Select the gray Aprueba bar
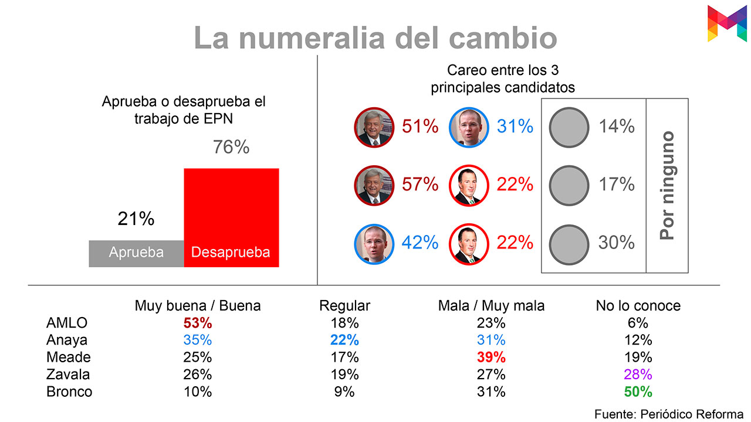(x=136, y=253)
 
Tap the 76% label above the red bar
(x=231, y=147)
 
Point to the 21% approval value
(x=136, y=219)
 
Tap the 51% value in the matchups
(x=420, y=126)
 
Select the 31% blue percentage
(x=515, y=126)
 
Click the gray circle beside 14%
(x=569, y=127)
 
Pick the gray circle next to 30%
(x=569, y=243)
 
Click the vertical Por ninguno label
(x=667, y=185)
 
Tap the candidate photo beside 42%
(x=374, y=243)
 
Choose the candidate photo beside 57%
(x=374, y=185)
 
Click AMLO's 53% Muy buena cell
(x=197, y=323)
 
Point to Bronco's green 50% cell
(x=638, y=392)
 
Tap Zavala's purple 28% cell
(x=638, y=375)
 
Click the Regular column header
(x=344, y=305)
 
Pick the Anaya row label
(x=67, y=340)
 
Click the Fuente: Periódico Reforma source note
(x=669, y=414)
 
